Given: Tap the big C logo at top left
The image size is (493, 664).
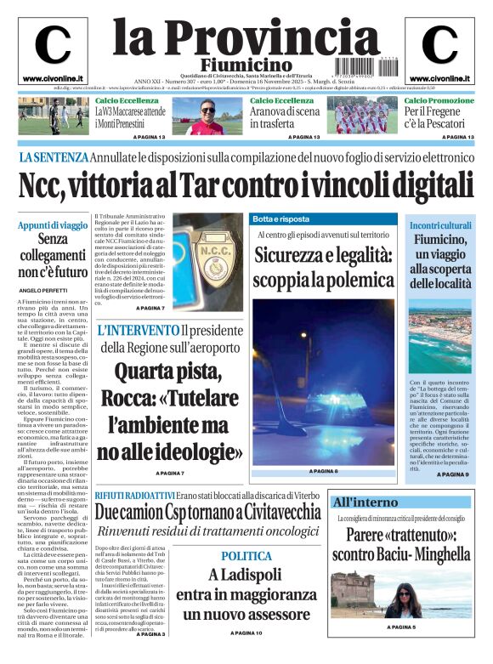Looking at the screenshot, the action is click(x=53, y=45).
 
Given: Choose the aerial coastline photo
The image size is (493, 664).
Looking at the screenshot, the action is click(x=439, y=339).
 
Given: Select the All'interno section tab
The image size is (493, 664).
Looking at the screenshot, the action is click(x=365, y=502).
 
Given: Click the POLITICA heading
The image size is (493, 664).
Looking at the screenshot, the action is click(x=246, y=556).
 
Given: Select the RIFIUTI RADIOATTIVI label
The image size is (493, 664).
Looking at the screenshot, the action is click(x=134, y=495).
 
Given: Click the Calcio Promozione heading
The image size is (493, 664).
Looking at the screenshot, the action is click(x=439, y=101).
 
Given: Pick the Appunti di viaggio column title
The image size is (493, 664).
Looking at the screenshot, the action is click(x=52, y=225).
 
